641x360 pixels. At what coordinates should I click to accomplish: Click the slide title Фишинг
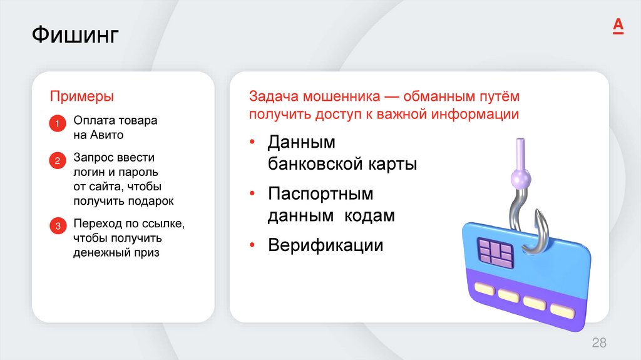pyautogui.click(x=75, y=36)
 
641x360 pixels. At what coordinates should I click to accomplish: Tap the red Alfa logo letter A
pyautogui.click(x=618, y=26)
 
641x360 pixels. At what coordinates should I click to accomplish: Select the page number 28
pyautogui.click(x=599, y=342)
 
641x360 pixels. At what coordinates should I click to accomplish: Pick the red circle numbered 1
pyautogui.click(x=57, y=124)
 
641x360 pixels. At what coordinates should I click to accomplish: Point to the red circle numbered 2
pyautogui.click(x=57, y=161)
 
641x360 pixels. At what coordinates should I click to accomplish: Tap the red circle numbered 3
pyautogui.click(x=57, y=227)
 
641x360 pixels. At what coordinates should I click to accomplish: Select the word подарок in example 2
pyautogui.click(x=150, y=201)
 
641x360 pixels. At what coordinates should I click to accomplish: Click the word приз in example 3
pyautogui.click(x=145, y=252)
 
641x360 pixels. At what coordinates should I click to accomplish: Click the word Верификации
pyautogui.click(x=325, y=245)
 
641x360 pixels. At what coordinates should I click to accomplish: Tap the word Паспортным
pyautogui.click(x=320, y=193)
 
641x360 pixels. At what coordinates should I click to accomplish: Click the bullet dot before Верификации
pyautogui.click(x=252, y=244)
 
